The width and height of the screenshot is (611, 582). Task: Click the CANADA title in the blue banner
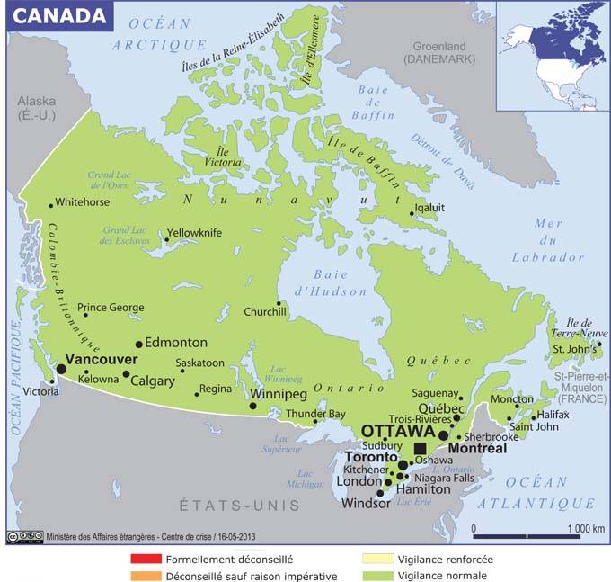coord(56,14)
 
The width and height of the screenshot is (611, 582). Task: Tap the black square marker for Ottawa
coord(420,448)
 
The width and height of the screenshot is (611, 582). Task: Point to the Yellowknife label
coord(194,232)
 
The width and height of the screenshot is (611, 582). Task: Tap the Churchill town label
coord(265,312)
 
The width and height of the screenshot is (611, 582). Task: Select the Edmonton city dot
coord(138,344)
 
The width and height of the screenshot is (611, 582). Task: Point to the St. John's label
coord(571,349)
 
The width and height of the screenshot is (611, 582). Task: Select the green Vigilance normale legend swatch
coord(370,576)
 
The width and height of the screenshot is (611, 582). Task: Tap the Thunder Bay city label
coord(316,414)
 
